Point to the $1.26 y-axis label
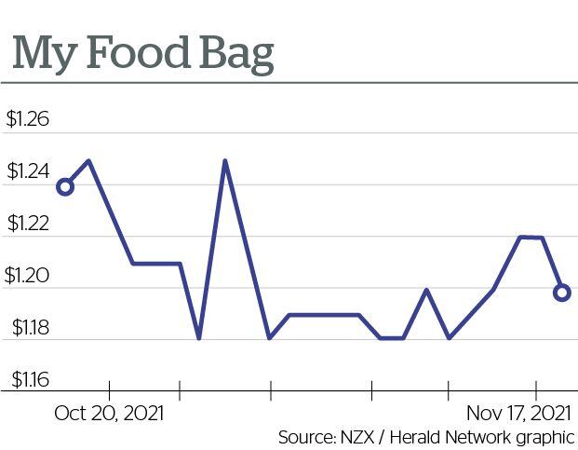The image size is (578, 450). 27,120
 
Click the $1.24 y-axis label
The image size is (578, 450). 27,172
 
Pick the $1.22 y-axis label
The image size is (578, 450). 27,225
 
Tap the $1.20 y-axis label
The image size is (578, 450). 27,277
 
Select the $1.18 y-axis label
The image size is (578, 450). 27,328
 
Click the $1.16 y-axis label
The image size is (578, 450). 27,380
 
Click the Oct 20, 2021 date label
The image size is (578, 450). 109,413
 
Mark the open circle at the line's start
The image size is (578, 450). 65,187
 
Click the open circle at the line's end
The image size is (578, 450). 561,293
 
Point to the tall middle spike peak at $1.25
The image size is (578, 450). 225,161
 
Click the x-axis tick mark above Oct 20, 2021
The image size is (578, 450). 109,389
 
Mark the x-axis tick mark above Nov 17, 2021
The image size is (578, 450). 536,389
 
